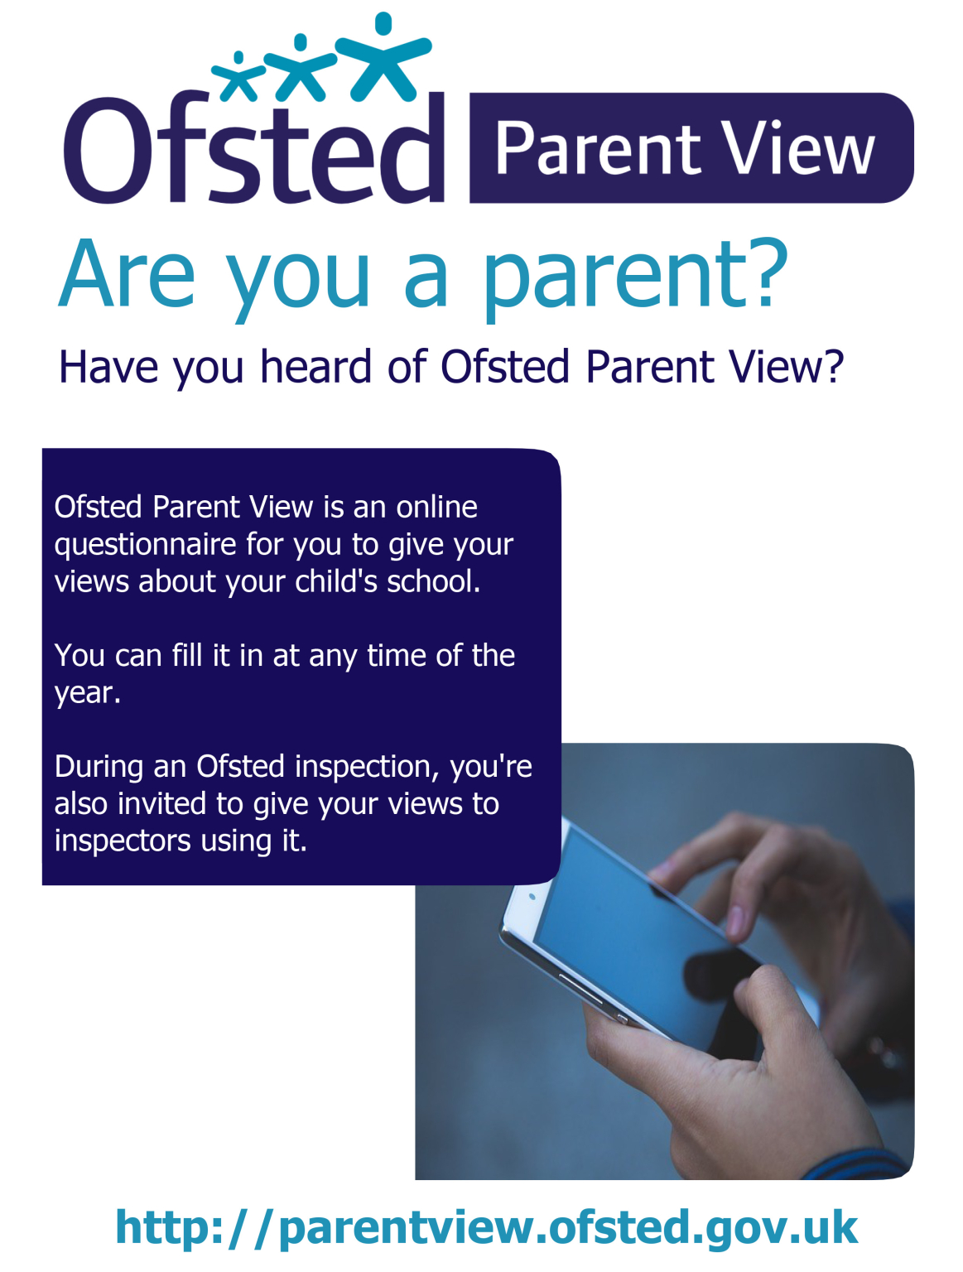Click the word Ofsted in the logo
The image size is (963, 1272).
tap(253, 149)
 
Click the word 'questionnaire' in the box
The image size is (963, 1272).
tap(146, 545)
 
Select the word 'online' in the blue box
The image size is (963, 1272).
tap(436, 507)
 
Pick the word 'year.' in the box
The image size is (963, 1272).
tap(87, 693)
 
